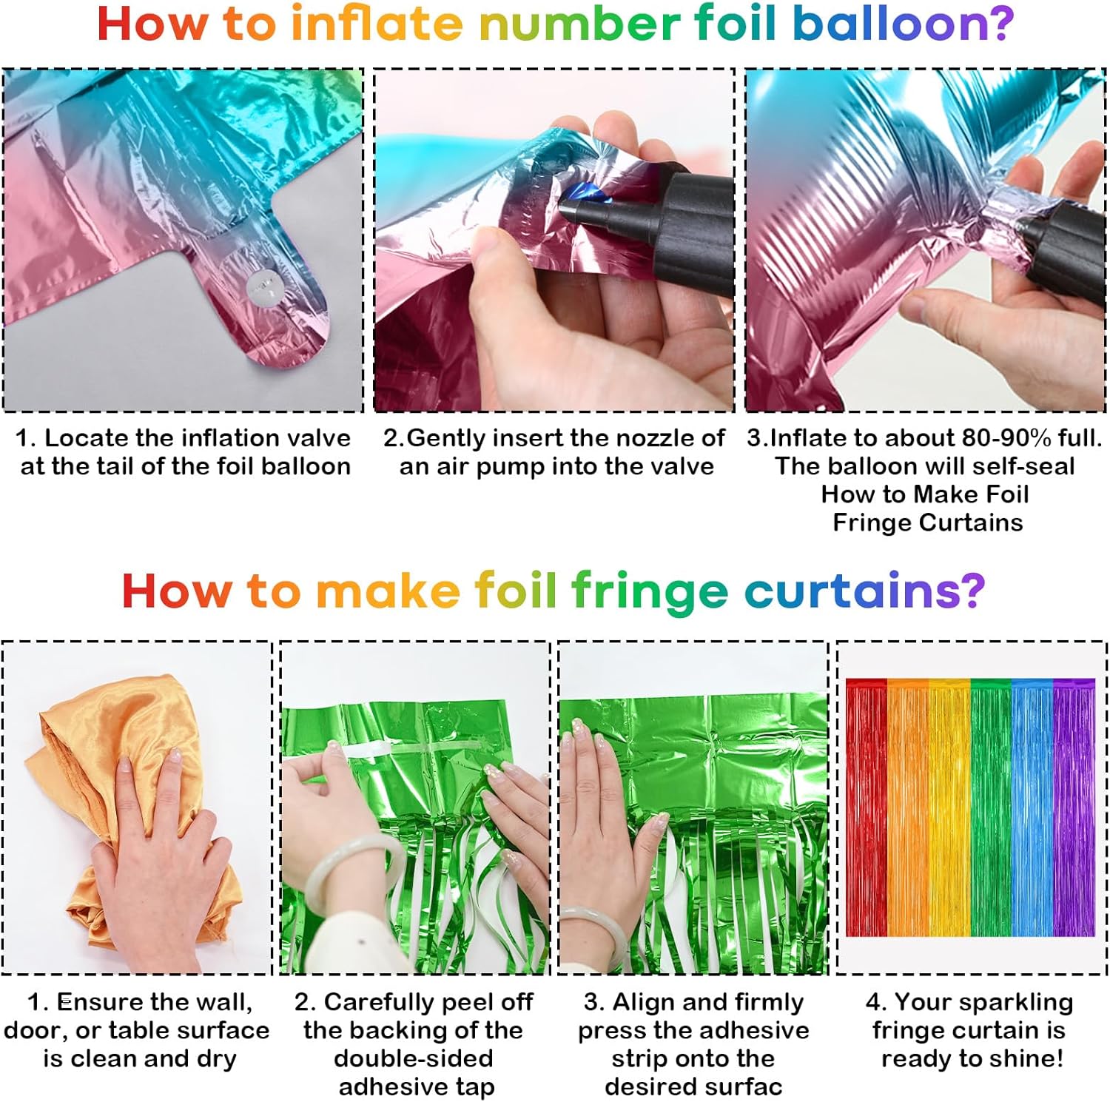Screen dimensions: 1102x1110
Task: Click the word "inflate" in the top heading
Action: pyautogui.click(x=377, y=24)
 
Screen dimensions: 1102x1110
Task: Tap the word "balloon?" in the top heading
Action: pyautogui.click(x=903, y=24)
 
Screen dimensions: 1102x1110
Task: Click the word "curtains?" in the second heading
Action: pyautogui.click(x=864, y=591)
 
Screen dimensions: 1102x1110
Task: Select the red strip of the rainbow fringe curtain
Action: pyautogui.click(x=866, y=807)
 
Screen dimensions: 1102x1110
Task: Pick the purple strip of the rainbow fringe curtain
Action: pyautogui.click(x=1074, y=807)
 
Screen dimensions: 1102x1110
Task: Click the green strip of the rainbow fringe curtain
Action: pyautogui.click(x=990, y=807)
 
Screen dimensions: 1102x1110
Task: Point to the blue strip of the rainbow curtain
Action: pyautogui.click(x=1032, y=807)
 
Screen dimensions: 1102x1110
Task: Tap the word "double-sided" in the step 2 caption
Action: pyautogui.click(x=413, y=1058)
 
